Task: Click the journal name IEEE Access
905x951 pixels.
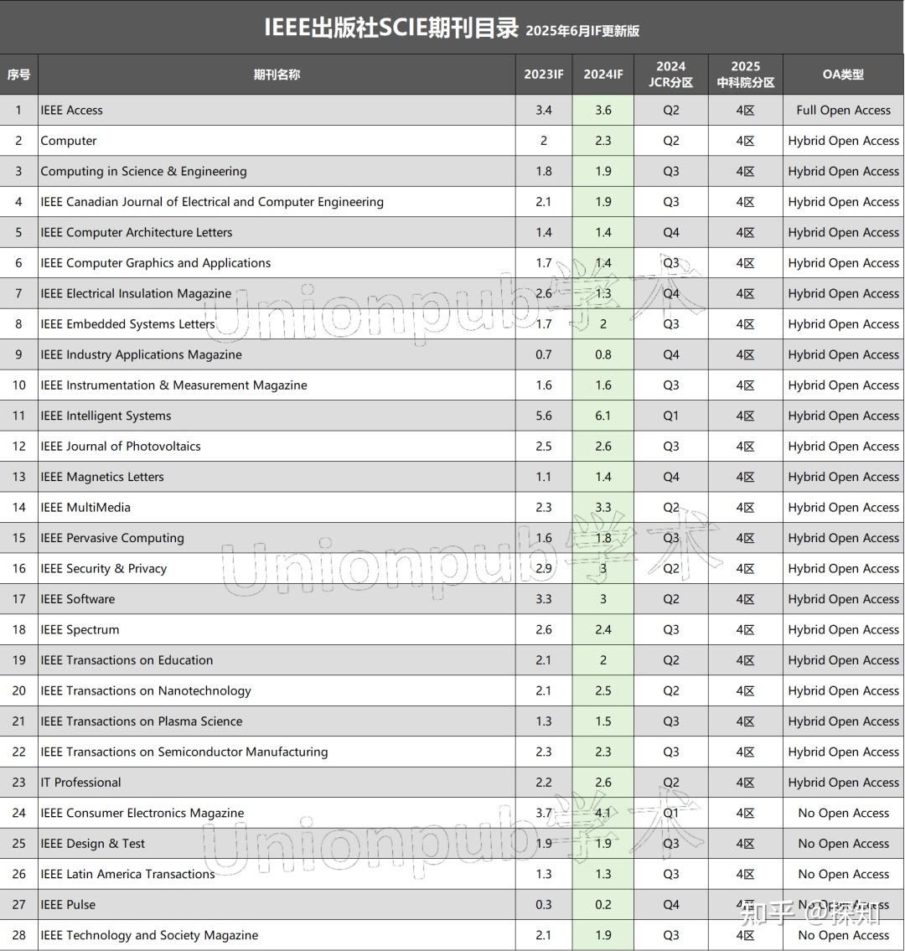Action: (x=72, y=110)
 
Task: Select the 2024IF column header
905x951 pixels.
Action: (x=603, y=74)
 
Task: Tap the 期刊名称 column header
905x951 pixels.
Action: (x=277, y=74)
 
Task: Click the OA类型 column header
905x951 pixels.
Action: (x=843, y=74)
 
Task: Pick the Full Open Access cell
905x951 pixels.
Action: (x=843, y=110)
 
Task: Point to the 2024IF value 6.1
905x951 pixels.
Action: (x=603, y=416)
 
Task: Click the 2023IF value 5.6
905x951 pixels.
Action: (x=544, y=416)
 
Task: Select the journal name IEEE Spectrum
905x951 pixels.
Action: (x=80, y=629)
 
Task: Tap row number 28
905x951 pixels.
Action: (x=18, y=935)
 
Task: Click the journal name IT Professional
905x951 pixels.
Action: (x=81, y=783)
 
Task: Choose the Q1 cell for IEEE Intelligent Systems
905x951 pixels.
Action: (x=671, y=416)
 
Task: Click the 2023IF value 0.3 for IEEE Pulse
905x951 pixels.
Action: (x=544, y=905)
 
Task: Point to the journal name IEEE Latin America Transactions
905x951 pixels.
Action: (x=128, y=874)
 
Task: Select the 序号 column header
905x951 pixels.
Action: (x=18, y=74)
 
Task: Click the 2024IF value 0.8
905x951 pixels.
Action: (x=603, y=354)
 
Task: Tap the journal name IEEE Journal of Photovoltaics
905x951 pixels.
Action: (x=121, y=446)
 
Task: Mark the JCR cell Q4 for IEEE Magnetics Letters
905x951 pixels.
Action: (x=671, y=477)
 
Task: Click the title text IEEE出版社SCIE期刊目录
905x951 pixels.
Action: (x=391, y=28)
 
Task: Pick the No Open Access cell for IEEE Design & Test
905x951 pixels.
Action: (x=843, y=844)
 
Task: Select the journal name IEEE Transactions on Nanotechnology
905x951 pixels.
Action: (x=146, y=690)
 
